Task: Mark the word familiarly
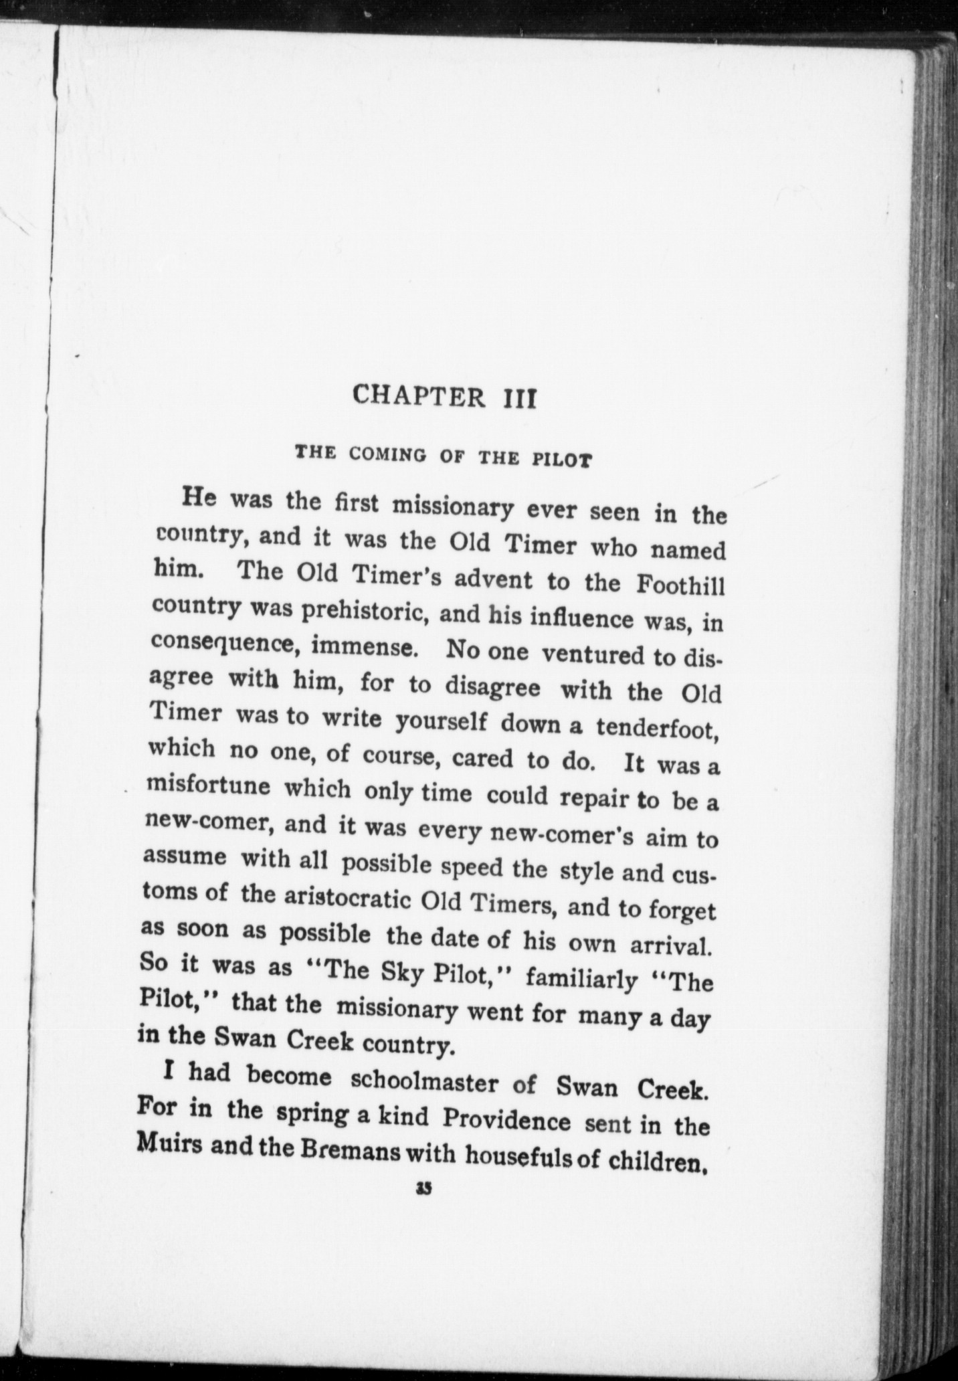pyautogui.click(x=581, y=980)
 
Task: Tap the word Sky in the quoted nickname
pyautogui.click(x=401, y=971)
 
